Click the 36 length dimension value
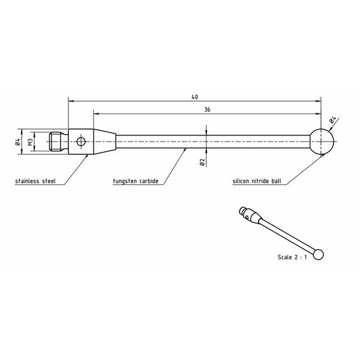[207, 110]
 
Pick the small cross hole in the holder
[81, 142]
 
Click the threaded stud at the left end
[57, 142]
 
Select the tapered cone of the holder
[102, 142]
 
